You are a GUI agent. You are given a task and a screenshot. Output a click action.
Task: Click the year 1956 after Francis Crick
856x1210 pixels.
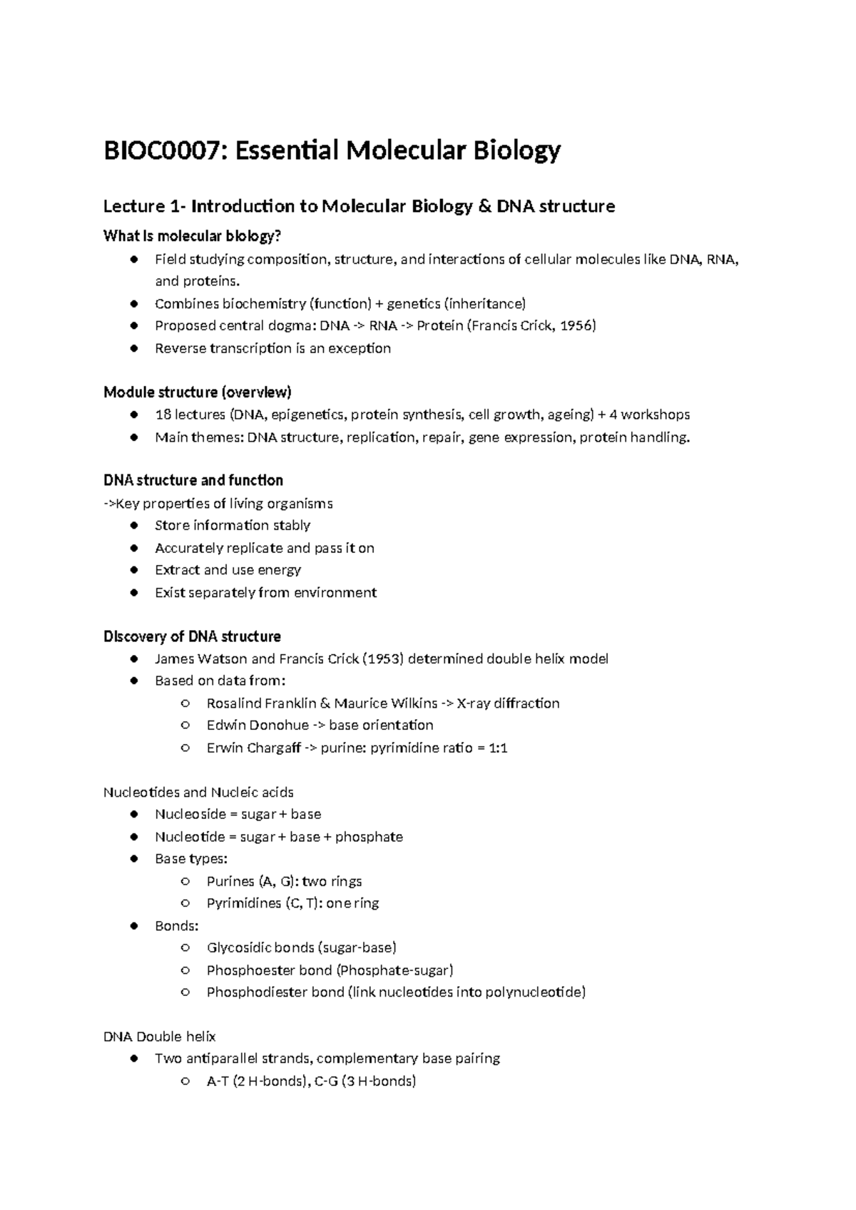(577, 326)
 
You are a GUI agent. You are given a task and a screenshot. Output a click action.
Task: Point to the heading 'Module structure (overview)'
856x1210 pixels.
(198, 392)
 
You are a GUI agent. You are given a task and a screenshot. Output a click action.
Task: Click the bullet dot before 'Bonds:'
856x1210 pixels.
(133, 926)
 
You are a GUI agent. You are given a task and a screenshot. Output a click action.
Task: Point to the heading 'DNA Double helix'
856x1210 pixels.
(160, 1037)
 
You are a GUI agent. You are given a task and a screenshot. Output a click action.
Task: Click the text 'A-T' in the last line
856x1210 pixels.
(218, 1082)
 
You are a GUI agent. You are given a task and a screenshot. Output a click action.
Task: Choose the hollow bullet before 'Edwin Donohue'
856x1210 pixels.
(185, 726)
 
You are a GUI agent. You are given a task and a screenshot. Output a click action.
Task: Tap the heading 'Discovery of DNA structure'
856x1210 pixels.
(192, 636)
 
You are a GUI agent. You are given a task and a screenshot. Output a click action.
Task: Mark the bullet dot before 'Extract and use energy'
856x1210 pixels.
(133, 570)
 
